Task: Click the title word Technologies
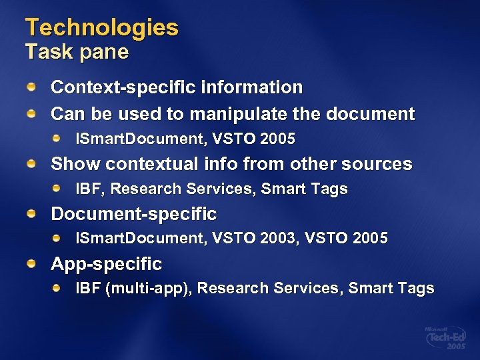tap(102, 27)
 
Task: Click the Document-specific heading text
tap(134, 214)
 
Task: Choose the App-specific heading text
tap(107, 264)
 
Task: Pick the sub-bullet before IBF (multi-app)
tap(58, 289)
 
